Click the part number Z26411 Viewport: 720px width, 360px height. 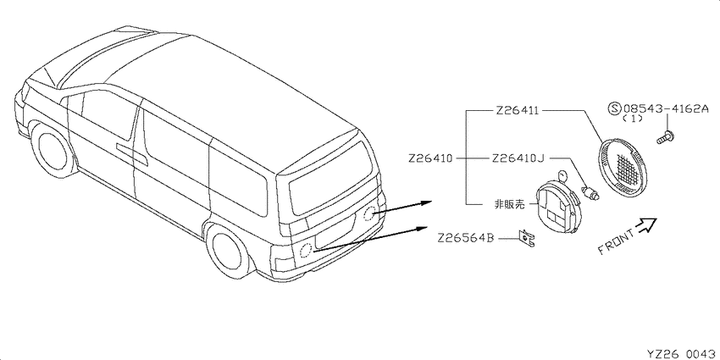(517, 111)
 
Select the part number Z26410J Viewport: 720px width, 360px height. (518, 158)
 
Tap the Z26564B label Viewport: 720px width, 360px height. (466, 238)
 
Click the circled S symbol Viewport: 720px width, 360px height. (614, 108)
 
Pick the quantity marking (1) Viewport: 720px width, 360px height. (632, 119)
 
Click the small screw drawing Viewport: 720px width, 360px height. (664, 137)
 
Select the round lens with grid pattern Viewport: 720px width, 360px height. (623, 163)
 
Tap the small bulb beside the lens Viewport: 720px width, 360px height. (591, 193)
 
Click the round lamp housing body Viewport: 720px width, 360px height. (555, 207)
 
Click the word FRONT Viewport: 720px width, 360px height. (617, 241)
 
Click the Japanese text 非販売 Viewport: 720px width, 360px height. (509, 205)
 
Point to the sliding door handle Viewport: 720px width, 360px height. (131, 154)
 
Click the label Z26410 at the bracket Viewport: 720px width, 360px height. (430, 158)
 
